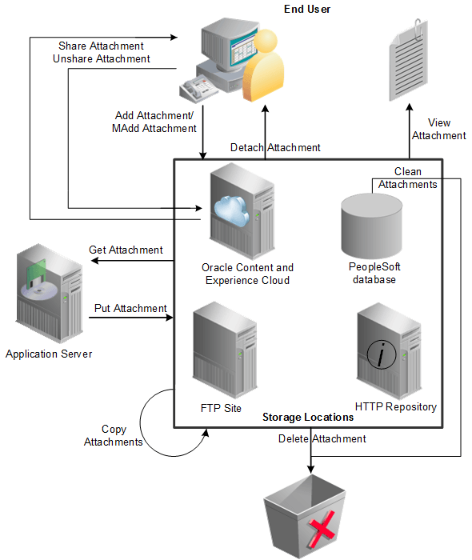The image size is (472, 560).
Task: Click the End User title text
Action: click(x=307, y=9)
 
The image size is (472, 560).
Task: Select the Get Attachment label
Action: click(x=126, y=250)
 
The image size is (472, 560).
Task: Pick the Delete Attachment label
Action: click(x=322, y=438)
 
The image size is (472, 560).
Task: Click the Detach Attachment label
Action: click(x=275, y=147)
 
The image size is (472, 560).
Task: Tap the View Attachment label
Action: click(x=438, y=129)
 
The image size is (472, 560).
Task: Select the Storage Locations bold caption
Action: click(x=308, y=418)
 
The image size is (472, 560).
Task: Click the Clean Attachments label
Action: click(x=407, y=178)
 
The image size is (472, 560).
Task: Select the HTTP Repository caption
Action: click(x=395, y=406)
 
